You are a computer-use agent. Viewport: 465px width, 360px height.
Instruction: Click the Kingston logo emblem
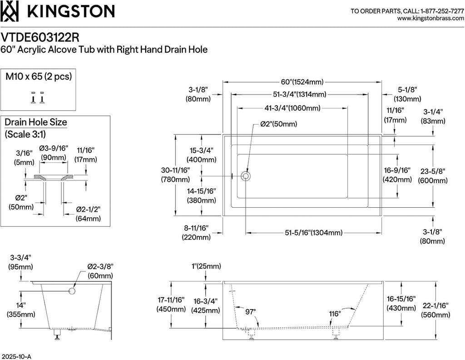(10, 11)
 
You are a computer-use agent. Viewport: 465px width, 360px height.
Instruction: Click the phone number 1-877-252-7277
(439, 10)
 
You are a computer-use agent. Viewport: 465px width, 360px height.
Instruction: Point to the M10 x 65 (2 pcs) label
(39, 76)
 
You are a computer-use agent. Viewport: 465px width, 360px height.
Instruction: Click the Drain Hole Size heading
(36, 122)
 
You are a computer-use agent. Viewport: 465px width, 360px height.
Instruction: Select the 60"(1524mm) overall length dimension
(302, 82)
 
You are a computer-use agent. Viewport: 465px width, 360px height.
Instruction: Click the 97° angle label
(251, 311)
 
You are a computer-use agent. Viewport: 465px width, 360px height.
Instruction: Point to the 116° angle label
(335, 314)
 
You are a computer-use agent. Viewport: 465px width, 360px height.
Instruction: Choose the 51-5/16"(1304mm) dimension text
(313, 232)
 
